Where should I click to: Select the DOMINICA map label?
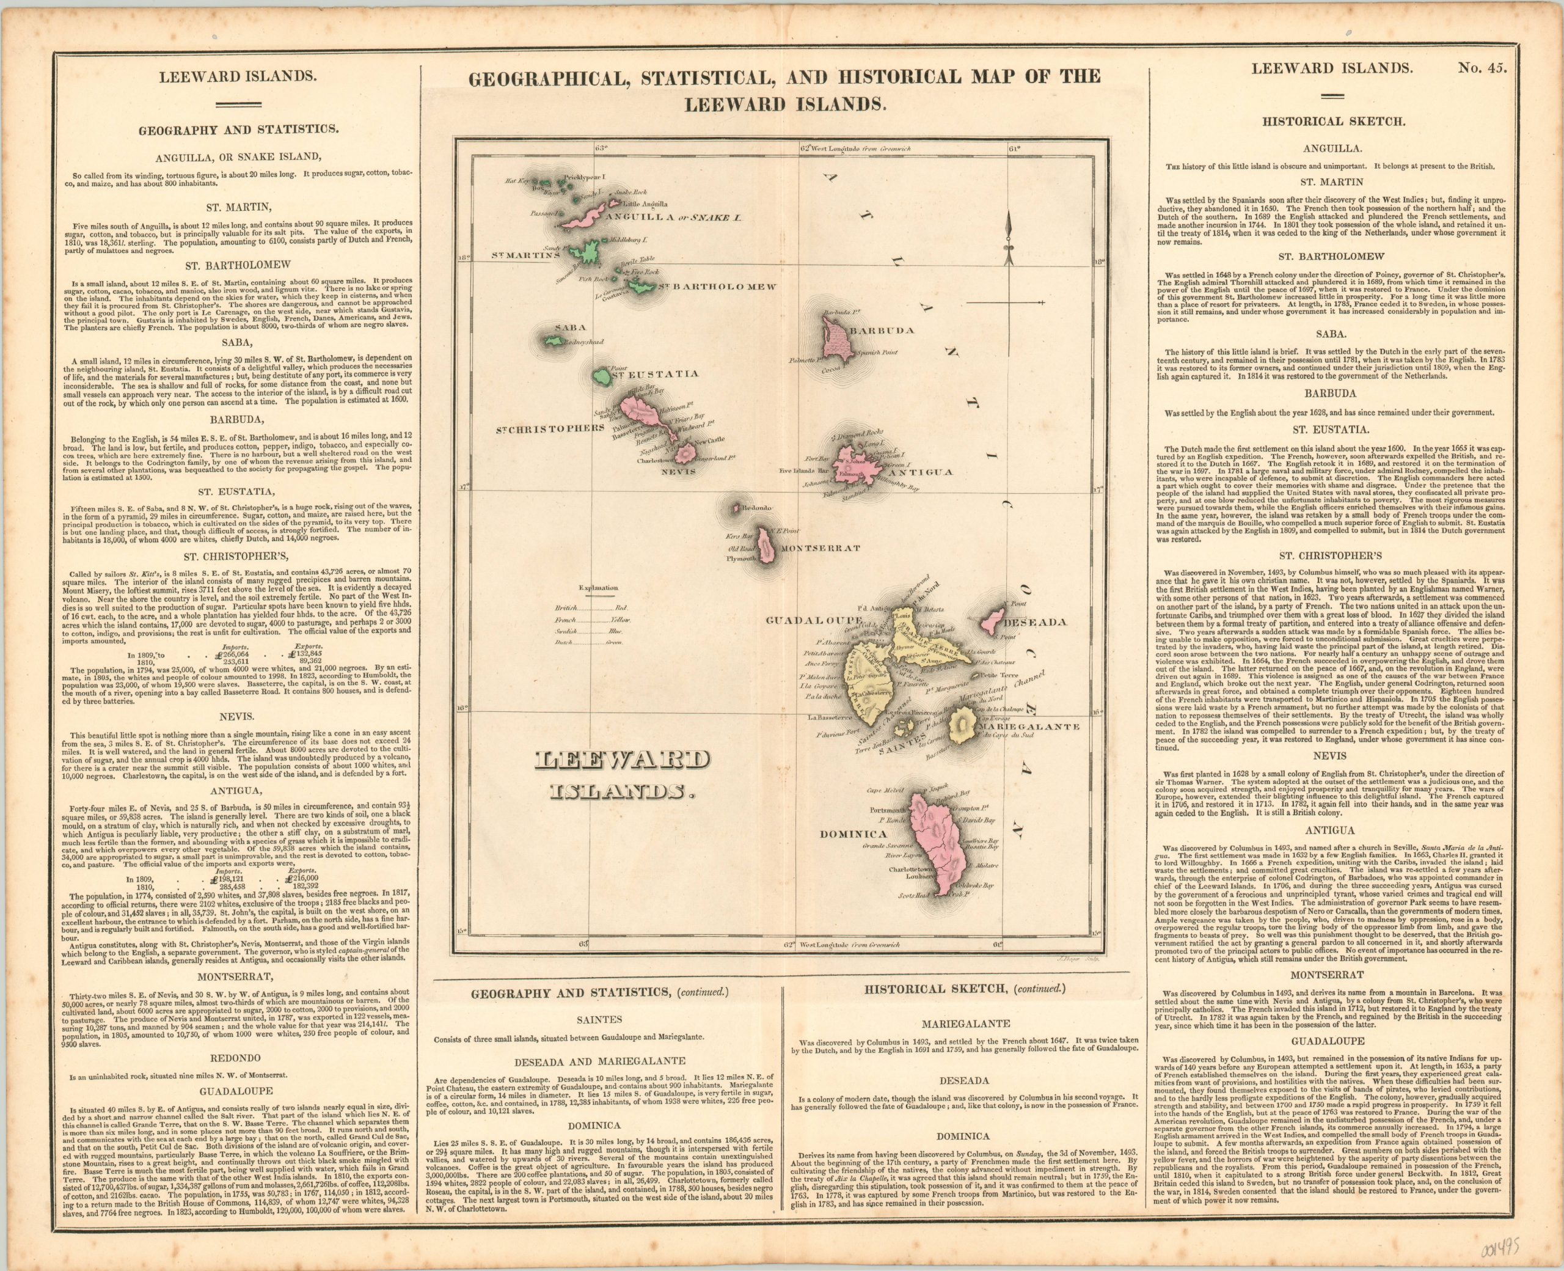click(x=853, y=834)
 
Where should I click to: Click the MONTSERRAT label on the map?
click(x=820, y=548)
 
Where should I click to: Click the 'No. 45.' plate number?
click(x=1473, y=70)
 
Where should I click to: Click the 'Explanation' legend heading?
click(x=599, y=587)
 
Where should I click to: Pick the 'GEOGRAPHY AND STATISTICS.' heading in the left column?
click(x=237, y=130)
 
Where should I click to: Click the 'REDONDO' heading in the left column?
click(x=237, y=1058)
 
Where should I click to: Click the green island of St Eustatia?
click(x=602, y=378)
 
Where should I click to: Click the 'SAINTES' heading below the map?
click(x=599, y=1019)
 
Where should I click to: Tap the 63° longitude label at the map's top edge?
click(x=601, y=148)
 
